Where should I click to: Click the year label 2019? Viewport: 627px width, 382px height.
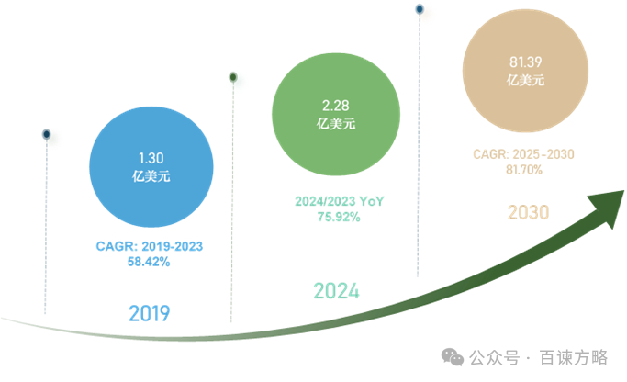150,313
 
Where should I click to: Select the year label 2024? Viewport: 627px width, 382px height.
336,291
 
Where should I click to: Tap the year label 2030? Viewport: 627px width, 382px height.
528,213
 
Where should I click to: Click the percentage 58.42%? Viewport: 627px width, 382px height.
149,262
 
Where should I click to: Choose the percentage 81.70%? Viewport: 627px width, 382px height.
524,170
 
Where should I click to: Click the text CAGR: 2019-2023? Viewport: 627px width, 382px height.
150,246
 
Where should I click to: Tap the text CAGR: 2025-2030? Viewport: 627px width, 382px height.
524,154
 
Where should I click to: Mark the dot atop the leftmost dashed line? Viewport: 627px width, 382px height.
46,135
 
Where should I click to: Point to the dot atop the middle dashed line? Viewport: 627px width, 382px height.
233,77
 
